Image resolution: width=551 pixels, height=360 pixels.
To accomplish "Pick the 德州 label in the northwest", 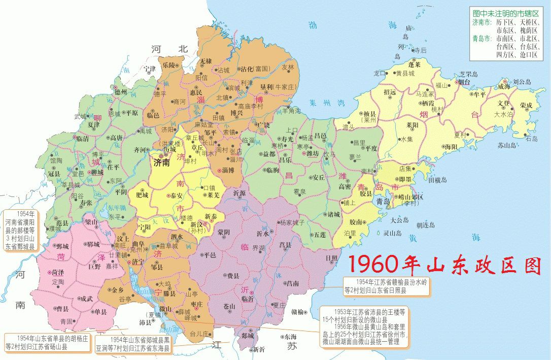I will pos(120,92).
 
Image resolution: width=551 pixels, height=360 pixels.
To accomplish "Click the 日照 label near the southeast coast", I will pos(332,258).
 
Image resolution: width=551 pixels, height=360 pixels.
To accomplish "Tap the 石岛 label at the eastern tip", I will pos(531,139).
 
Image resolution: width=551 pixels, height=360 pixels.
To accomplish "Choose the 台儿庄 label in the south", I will pos(199,334).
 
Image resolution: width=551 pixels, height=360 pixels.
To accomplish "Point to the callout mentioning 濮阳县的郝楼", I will pos(19,230).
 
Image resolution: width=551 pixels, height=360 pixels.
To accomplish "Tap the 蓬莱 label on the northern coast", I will pos(414,64).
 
